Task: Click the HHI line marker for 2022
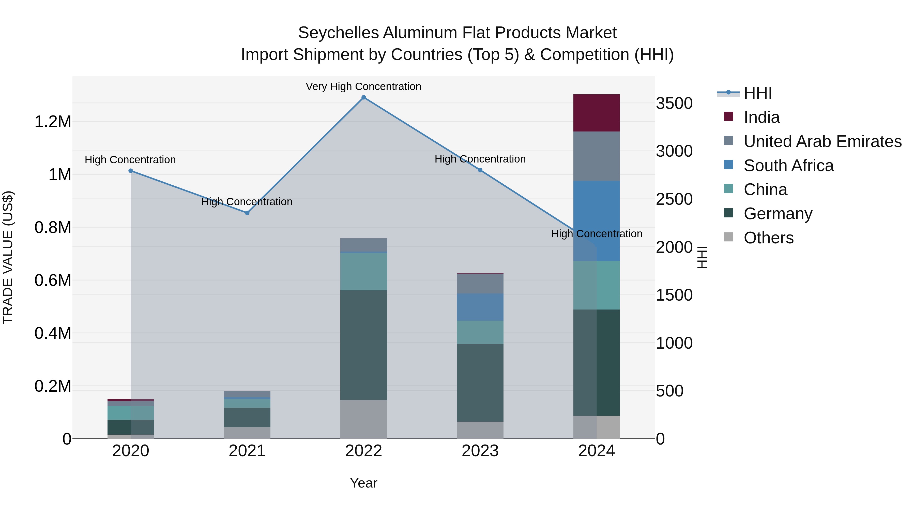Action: [363, 97]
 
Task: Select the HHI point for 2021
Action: [247, 213]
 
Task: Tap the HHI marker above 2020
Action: [131, 171]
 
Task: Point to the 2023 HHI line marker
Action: [480, 170]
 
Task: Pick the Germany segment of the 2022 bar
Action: [363, 345]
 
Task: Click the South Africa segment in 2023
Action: [480, 307]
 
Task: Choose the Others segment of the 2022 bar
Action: [363, 419]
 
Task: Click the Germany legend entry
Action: [778, 214]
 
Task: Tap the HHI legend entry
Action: [757, 93]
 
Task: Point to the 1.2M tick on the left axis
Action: [53, 122]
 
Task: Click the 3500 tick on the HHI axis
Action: [674, 104]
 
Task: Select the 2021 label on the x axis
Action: [247, 451]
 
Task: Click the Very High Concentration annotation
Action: [363, 86]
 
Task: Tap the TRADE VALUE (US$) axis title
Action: [8, 257]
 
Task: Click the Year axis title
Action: [363, 483]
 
